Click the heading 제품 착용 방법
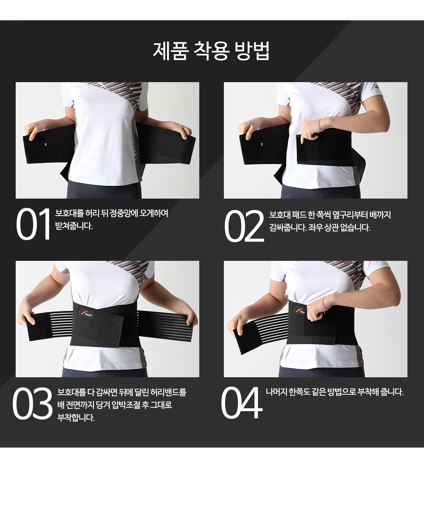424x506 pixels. [x=211, y=50]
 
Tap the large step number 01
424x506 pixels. [x=33, y=224]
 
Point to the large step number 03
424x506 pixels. [x=32, y=404]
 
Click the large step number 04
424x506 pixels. [x=241, y=403]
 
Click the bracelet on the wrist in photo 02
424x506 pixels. [x=320, y=125]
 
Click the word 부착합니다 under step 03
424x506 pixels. [x=76, y=418]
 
